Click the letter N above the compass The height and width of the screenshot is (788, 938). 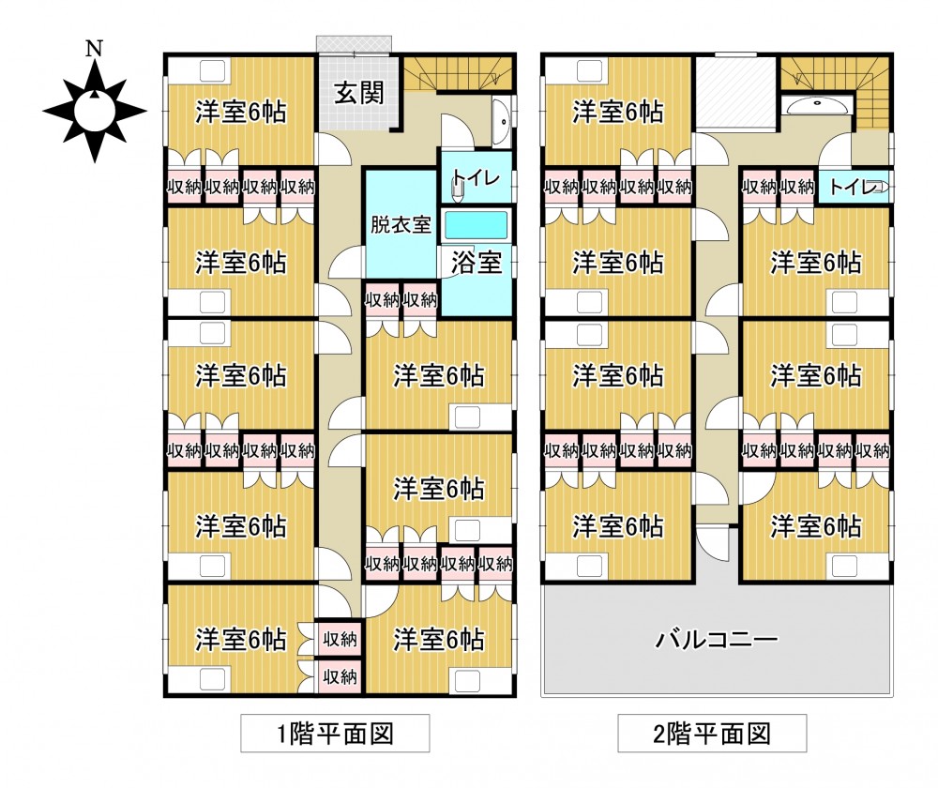[x=93, y=48]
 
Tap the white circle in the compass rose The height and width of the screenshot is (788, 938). [x=94, y=111]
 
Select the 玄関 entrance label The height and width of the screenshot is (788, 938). [x=356, y=93]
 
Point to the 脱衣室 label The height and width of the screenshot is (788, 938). [x=401, y=225]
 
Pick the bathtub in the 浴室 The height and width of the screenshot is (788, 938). [x=475, y=226]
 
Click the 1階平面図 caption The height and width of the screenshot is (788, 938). [x=335, y=733]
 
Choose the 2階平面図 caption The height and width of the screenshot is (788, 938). [x=712, y=733]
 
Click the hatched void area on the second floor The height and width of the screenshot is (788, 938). [x=735, y=92]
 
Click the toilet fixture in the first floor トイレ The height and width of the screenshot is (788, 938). [x=457, y=189]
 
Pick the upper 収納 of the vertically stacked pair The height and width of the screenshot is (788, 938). [x=339, y=639]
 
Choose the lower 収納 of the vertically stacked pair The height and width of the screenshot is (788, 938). [x=339, y=675]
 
